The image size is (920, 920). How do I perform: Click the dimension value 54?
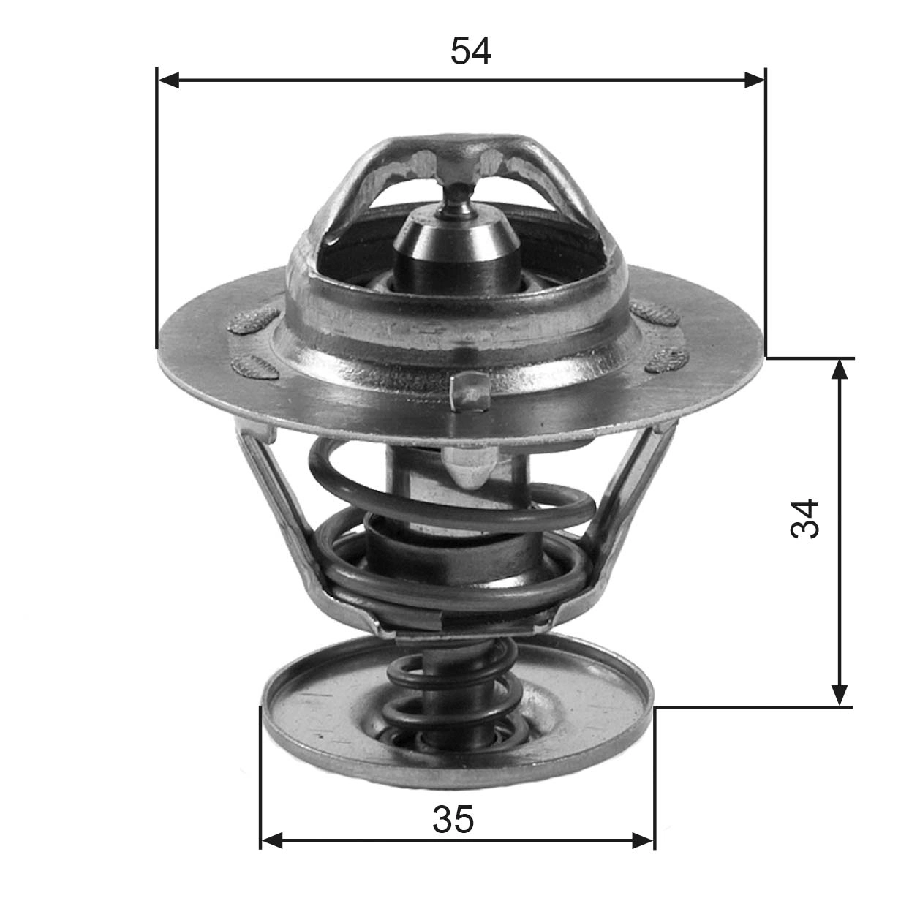470,50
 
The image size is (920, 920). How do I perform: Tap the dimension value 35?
453,819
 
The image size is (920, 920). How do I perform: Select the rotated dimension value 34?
805,519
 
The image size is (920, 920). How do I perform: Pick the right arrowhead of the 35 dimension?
643,840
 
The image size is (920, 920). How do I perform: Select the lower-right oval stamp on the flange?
667,359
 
